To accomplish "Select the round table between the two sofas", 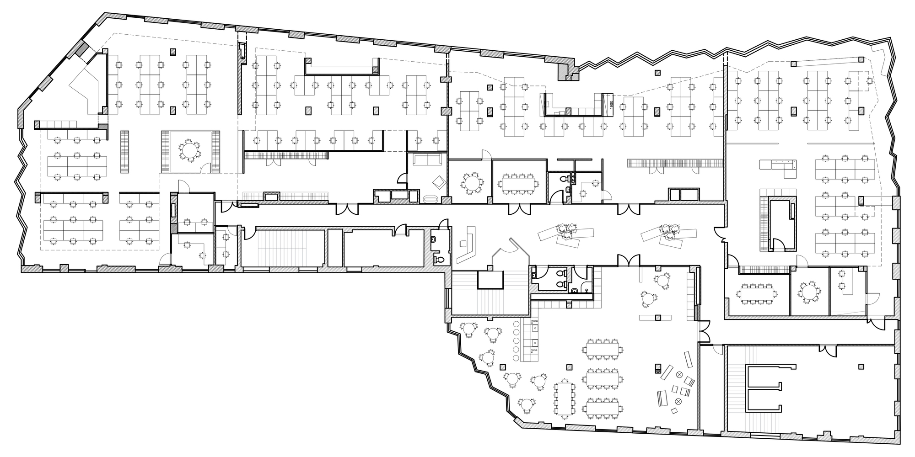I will coord(189,150).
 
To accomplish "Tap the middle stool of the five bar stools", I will coord(517,340).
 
